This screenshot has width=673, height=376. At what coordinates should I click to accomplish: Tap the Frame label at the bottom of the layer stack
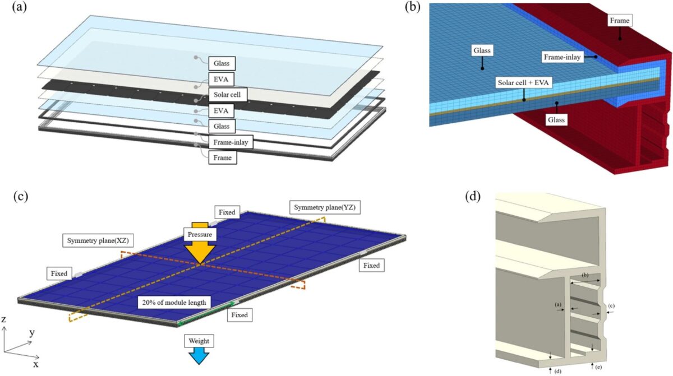click(222, 159)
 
